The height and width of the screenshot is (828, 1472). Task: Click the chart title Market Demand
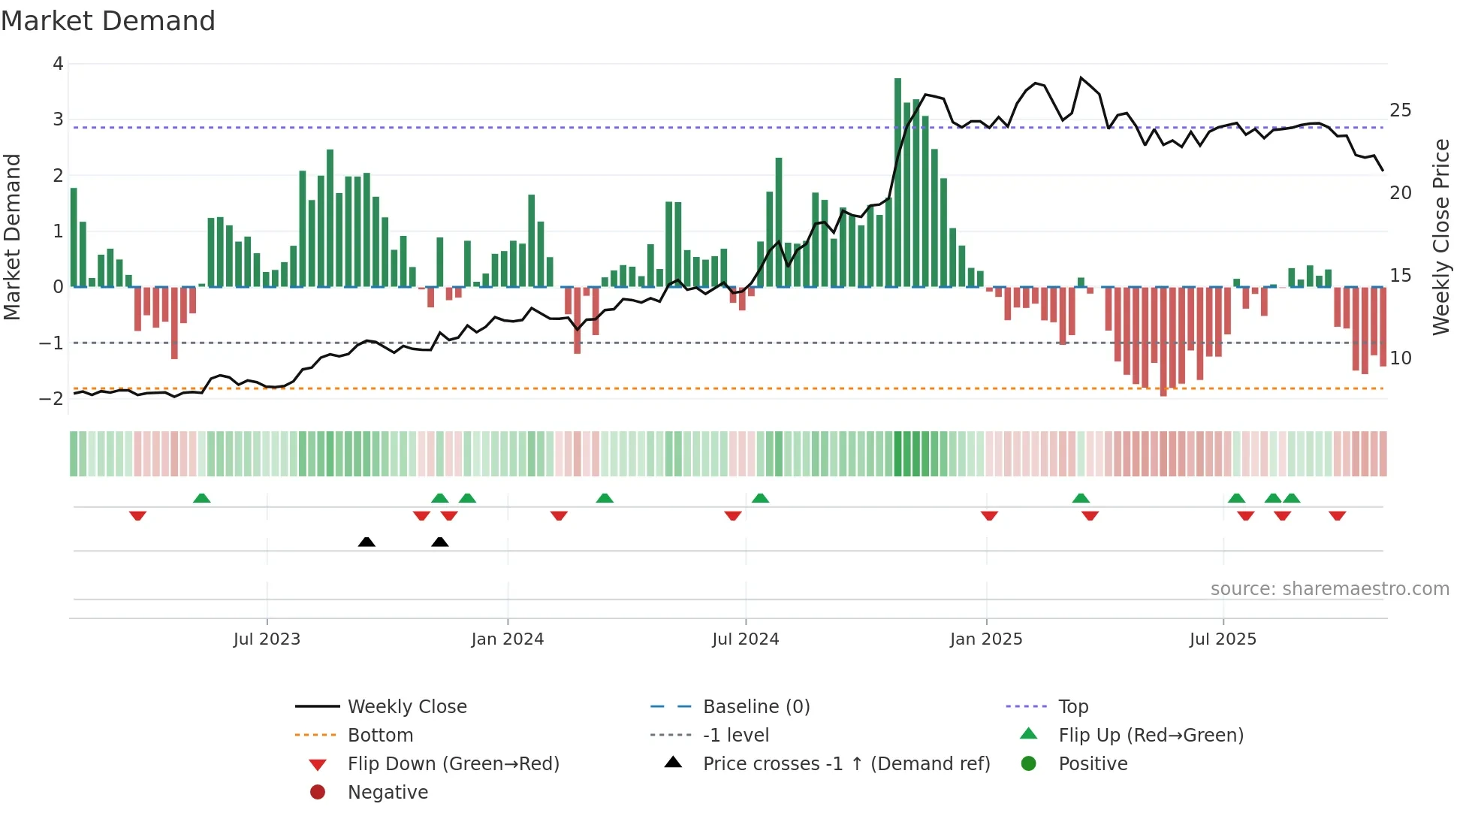108,21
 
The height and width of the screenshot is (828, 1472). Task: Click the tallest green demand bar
897,180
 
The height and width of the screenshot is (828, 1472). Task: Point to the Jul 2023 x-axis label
267,639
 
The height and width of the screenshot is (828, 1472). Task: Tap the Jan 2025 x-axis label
986,639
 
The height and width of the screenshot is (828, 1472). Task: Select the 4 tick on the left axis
58,64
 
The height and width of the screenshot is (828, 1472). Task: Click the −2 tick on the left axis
52,399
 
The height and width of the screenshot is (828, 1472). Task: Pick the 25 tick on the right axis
1401,110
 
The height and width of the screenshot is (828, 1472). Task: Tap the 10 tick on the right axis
1401,358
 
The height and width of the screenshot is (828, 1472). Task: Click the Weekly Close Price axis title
1440,237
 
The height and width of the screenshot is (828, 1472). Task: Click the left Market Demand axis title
13,237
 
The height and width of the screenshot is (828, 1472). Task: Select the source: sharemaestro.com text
1329,589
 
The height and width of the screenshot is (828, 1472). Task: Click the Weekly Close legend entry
406,707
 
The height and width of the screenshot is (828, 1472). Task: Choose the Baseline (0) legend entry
756,707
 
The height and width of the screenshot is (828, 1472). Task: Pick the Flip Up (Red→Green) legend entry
1151,736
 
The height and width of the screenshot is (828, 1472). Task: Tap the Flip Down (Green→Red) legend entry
453,764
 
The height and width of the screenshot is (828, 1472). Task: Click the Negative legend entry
388,793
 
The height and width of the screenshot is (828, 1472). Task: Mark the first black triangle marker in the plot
366,542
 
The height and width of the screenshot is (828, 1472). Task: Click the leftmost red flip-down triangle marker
137,515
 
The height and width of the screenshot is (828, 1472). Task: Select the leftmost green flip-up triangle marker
202,498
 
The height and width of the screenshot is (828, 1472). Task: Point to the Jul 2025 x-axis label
1223,639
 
